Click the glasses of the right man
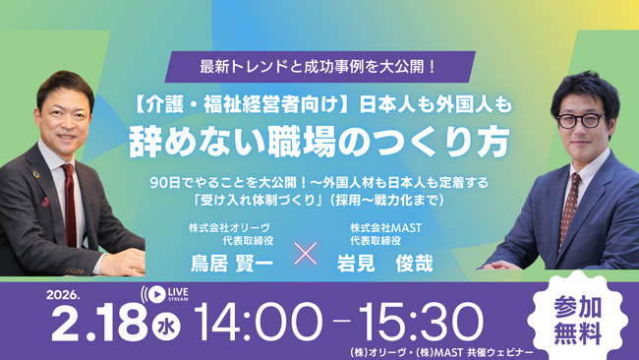(x=579, y=121)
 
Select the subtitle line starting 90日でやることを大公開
(x=319, y=183)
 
